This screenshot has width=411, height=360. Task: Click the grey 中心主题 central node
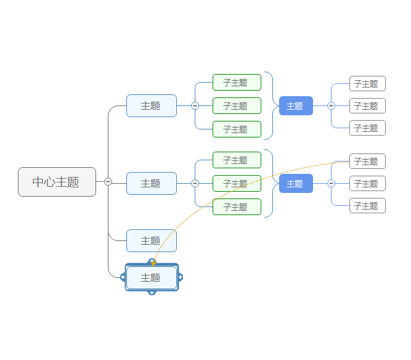point(57,182)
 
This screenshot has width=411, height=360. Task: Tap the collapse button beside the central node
point(108,181)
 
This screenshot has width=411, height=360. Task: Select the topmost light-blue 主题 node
point(151,105)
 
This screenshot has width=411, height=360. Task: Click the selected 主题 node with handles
point(151,278)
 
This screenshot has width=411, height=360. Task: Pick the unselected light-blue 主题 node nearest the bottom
point(151,240)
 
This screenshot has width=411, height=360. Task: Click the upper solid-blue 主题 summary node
point(296,105)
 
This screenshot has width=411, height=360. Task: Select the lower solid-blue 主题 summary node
point(296,183)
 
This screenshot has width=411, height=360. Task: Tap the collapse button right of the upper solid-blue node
point(331,105)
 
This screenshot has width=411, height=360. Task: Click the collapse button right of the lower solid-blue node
point(331,183)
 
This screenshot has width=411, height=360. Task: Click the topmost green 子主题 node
point(237,82)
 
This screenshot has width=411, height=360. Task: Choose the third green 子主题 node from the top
point(237,129)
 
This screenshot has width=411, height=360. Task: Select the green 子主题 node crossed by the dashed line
point(237,183)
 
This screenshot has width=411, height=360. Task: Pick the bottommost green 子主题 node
point(237,207)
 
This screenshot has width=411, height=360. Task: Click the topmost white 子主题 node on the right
point(367,83)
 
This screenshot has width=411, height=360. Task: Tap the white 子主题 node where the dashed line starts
point(367,161)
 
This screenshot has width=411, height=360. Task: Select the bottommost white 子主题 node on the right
point(367,205)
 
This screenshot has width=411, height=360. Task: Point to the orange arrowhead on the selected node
point(153,264)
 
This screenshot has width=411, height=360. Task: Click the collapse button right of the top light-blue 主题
point(195,105)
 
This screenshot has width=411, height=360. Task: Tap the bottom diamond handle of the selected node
point(152,292)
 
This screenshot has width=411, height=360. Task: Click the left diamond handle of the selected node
point(123,278)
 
